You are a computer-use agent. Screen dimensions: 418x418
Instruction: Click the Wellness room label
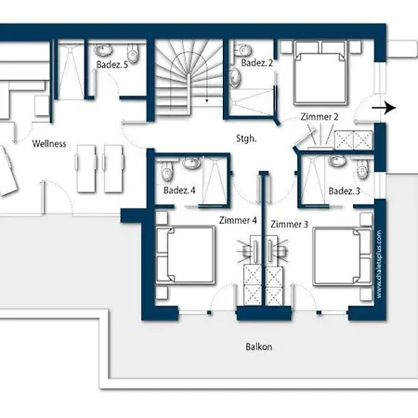(x=49, y=144)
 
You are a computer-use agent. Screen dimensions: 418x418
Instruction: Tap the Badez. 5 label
(x=112, y=65)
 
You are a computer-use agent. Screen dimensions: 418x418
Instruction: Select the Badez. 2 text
(x=257, y=63)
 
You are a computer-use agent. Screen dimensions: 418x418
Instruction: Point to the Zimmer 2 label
(x=320, y=117)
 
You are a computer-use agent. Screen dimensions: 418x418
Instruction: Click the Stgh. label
(x=246, y=138)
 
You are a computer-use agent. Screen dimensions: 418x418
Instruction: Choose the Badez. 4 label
(x=179, y=190)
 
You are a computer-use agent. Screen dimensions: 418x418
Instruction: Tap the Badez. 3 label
(x=345, y=191)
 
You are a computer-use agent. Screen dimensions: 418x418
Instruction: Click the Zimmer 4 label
(x=238, y=220)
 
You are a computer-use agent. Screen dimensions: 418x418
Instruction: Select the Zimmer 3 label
(x=290, y=224)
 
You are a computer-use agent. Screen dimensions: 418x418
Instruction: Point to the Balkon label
(x=259, y=346)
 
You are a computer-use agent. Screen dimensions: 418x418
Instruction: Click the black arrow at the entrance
(x=384, y=108)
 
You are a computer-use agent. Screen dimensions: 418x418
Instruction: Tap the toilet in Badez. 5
(x=133, y=52)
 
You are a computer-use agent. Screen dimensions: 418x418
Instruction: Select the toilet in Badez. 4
(x=166, y=171)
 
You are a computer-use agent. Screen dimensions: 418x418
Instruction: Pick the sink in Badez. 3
(x=337, y=161)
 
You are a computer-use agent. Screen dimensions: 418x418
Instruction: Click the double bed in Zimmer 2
(x=320, y=72)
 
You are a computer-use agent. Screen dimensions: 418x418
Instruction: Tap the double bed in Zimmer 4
(x=185, y=255)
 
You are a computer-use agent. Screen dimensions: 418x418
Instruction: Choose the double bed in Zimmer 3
(x=343, y=256)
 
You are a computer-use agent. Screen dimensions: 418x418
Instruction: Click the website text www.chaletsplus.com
(x=379, y=265)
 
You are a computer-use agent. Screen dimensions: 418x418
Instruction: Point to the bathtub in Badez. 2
(x=235, y=77)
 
